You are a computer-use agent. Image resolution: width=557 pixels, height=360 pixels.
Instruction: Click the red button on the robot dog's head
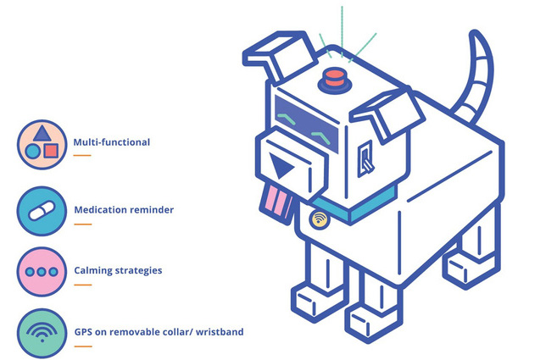point(333,80)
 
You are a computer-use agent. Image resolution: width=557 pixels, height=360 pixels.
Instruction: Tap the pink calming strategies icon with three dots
point(41,271)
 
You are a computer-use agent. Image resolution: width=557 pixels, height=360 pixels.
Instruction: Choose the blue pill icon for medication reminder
point(41,209)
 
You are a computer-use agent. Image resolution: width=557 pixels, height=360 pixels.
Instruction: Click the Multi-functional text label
point(111,142)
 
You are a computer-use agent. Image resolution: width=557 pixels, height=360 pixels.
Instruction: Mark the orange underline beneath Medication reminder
point(82,224)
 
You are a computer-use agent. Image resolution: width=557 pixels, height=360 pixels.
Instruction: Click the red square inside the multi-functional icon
point(51,151)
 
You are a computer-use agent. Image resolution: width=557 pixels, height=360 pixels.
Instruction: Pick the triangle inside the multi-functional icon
point(41,133)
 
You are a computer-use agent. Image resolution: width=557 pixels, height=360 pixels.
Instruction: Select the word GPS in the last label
point(85,332)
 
